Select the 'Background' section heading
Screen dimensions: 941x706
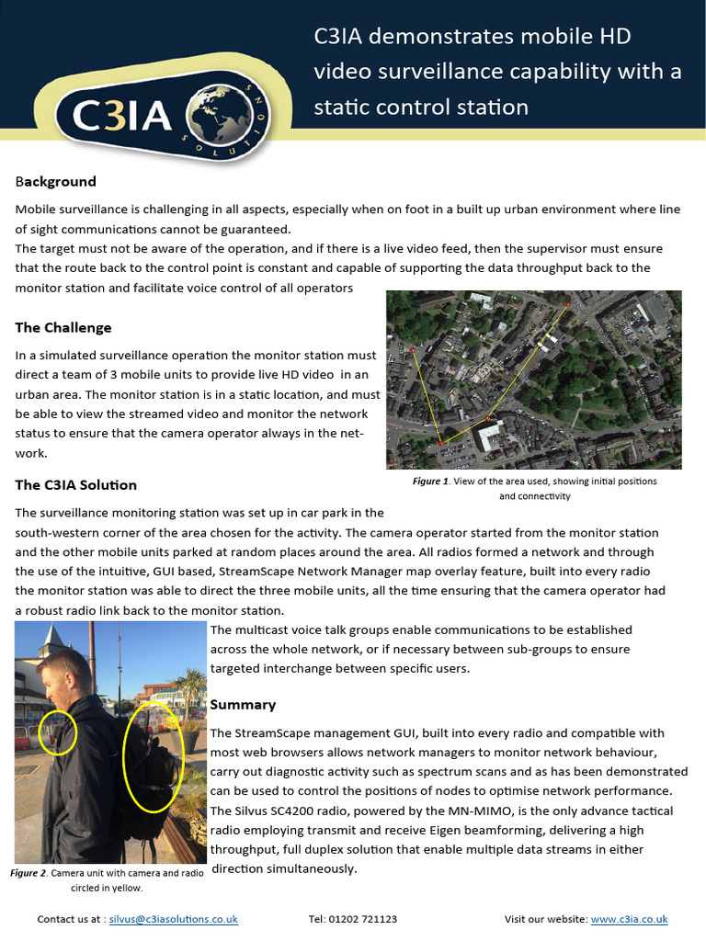56,181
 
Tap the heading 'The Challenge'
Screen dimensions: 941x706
63,327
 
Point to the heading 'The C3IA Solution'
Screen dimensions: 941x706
76,484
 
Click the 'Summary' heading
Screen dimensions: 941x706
243,704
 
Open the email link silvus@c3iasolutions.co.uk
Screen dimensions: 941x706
174,918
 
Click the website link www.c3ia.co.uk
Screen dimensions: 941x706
629,918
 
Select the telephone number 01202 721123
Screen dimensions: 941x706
366,918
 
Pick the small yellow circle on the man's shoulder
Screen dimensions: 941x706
59,731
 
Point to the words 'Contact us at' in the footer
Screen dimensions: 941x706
70,918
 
